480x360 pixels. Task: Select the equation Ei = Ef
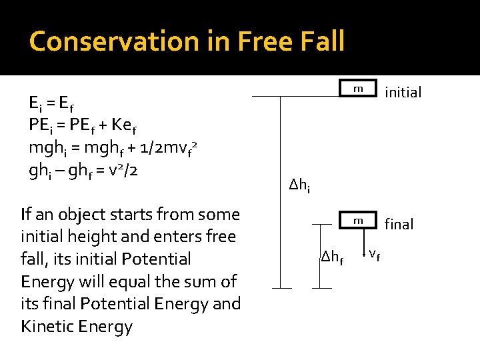point(51,103)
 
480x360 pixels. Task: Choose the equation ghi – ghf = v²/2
point(83,169)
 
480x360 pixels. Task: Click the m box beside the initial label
point(358,89)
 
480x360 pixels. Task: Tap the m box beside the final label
point(358,221)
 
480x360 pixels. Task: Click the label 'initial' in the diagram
point(403,93)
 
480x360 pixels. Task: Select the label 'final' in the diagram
point(399,225)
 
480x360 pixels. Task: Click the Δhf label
point(331,256)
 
